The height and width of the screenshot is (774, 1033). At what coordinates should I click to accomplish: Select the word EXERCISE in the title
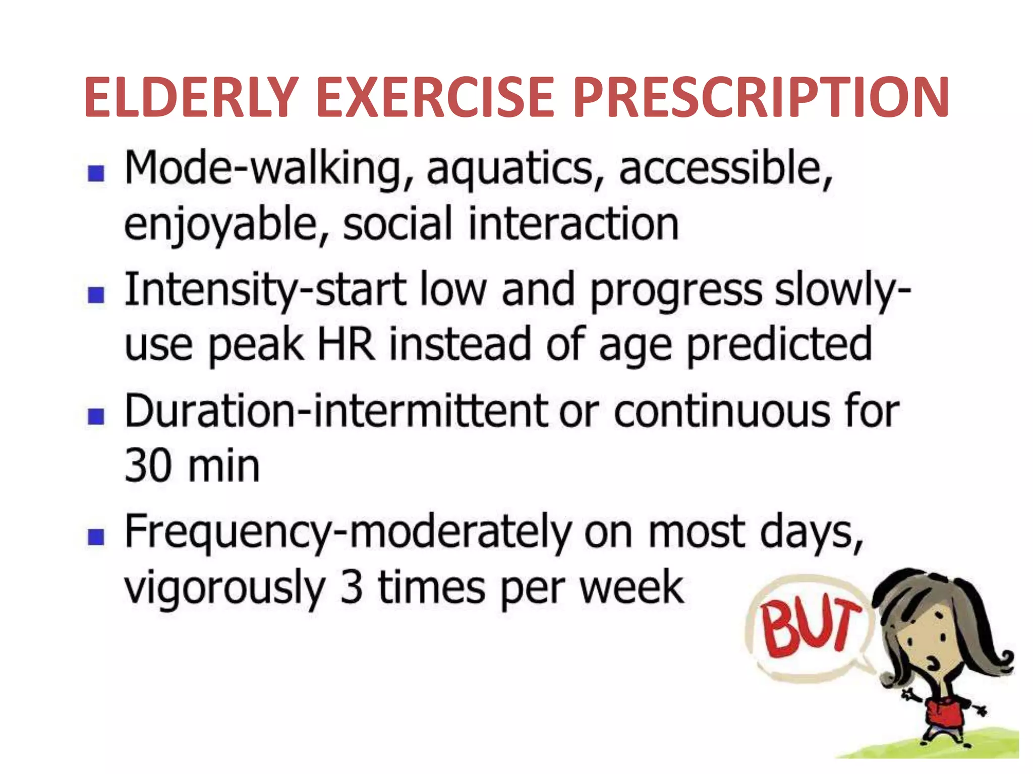pos(436,97)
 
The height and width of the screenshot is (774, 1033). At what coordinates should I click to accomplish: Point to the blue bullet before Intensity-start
pos(96,295)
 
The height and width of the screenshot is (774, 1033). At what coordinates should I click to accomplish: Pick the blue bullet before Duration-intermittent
pos(96,417)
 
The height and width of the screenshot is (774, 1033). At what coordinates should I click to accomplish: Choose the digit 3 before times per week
pos(352,587)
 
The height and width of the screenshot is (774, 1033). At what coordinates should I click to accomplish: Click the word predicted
pos(779,345)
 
